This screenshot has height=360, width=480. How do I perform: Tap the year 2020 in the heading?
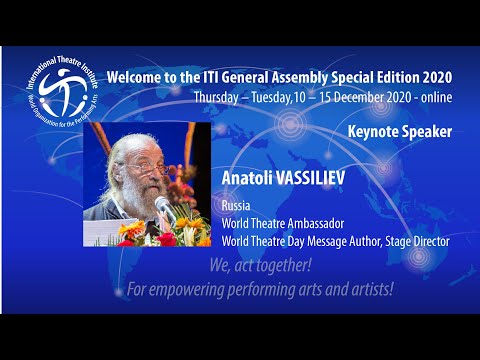pyautogui.click(x=435, y=76)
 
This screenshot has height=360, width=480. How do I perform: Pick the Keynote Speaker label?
pyautogui.click(x=399, y=131)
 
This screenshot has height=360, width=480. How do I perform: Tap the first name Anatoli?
pyautogui.click(x=251, y=180)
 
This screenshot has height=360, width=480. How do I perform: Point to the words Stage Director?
pyautogui.click(x=418, y=240)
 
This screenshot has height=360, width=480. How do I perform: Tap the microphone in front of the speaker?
pyautogui.click(x=162, y=209)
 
